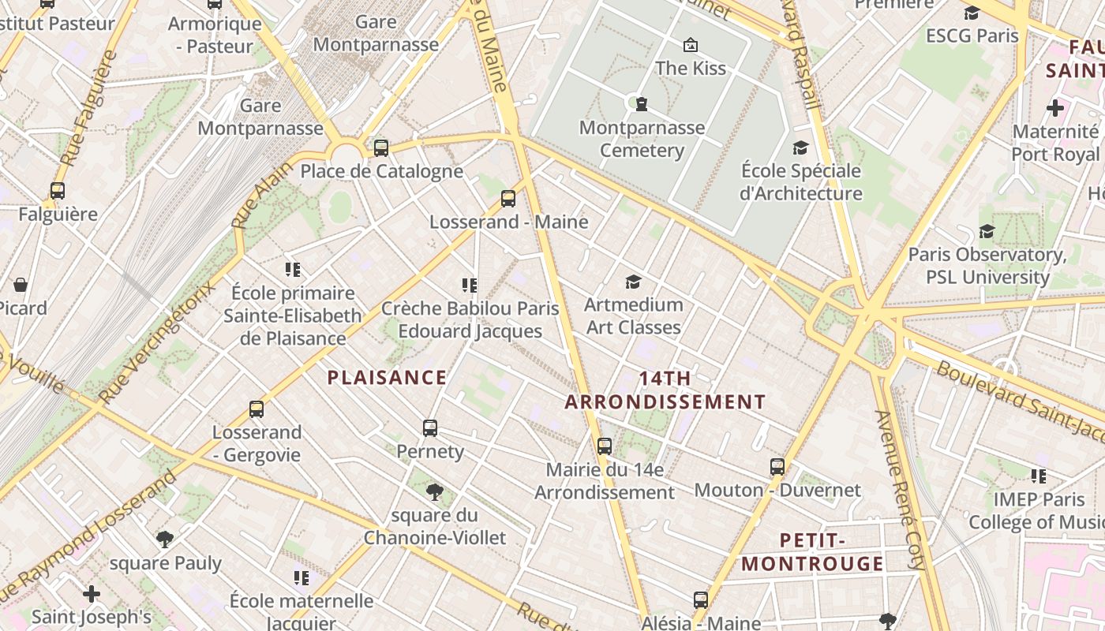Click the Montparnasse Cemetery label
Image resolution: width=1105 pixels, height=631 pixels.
coord(642,139)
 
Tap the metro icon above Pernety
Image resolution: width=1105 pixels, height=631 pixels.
coord(430,428)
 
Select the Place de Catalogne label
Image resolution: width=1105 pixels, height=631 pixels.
coord(381,171)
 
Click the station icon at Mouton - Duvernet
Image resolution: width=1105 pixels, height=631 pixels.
coord(777,467)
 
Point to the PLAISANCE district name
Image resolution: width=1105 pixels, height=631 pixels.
coord(387,378)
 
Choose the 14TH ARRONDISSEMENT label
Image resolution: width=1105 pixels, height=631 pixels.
coord(665,390)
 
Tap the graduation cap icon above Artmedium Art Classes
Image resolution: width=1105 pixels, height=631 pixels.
coord(633,282)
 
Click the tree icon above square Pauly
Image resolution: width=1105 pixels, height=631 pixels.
coord(165,540)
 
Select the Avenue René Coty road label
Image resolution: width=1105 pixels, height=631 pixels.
coord(899,489)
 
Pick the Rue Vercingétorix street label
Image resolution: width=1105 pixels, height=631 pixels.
coord(158,341)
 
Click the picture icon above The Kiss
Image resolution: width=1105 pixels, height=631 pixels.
coord(691,45)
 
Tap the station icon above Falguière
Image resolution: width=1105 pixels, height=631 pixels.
coord(58,191)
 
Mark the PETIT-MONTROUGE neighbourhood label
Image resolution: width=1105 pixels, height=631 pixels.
coord(812,552)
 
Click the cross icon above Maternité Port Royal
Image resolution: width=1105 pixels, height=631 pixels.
coord(1055,108)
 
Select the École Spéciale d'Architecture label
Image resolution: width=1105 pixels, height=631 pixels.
coord(800,182)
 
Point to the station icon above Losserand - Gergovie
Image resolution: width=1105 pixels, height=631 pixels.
coord(257,409)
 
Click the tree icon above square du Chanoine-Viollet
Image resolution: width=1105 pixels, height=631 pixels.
coord(434,492)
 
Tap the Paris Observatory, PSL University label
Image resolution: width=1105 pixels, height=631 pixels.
coord(987,266)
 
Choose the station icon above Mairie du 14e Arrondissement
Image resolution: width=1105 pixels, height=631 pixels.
coord(605,446)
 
